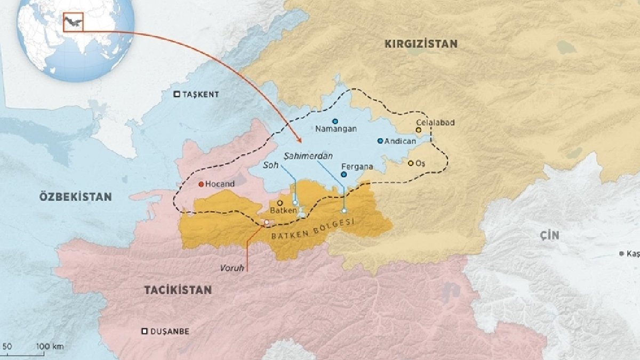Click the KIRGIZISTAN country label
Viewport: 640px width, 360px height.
click(x=421, y=44)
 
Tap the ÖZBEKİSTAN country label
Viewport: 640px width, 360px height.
click(x=75, y=197)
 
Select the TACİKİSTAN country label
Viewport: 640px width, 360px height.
click(x=178, y=290)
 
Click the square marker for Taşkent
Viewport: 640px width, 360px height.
click(x=177, y=94)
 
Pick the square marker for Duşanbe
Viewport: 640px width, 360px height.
click(x=144, y=331)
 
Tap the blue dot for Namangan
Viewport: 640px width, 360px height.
click(x=335, y=121)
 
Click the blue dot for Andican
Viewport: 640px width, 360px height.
click(x=380, y=141)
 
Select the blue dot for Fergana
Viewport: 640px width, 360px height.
click(x=343, y=174)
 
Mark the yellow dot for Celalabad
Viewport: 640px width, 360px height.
click(x=419, y=130)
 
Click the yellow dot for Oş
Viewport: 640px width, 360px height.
click(x=411, y=163)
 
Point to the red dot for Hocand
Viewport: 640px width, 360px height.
click(x=201, y=185)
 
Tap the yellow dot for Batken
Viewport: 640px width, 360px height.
click(x=279, y=203)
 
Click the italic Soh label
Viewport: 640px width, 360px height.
click(x=271, y=166)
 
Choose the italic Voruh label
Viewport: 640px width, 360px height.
click(x=232, y=268)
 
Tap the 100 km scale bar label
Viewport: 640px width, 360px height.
click(x=50, y=347)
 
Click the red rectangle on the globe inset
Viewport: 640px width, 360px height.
click(x=73, y=21)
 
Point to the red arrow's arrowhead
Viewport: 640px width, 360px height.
click(x=300, y=141)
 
